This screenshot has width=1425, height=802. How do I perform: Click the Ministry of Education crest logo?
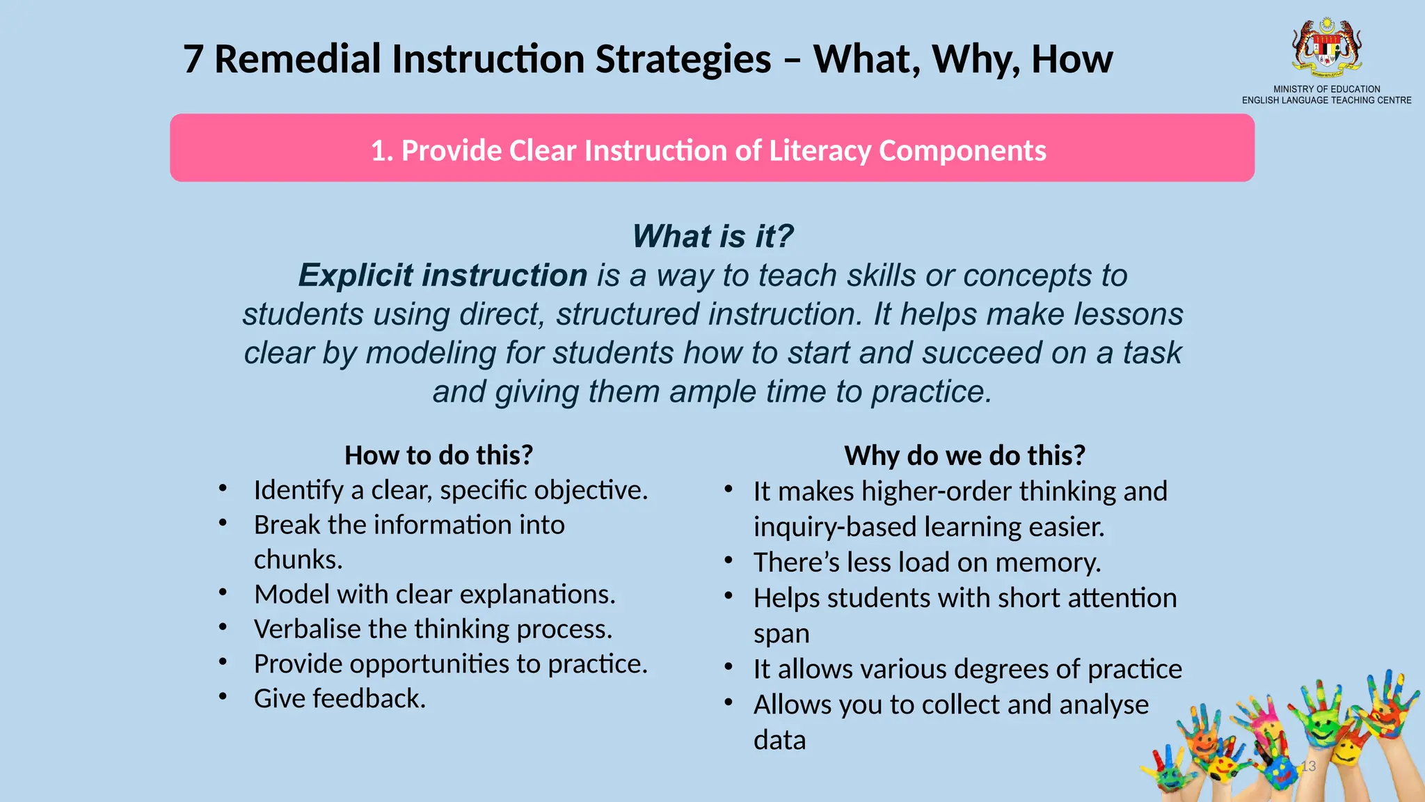[x=1327, y=47]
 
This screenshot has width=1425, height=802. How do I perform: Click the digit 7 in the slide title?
[x=193, y=59]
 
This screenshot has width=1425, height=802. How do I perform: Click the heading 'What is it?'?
[x=712, y=236]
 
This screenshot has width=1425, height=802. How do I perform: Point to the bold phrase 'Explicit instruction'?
[x=443, y=276]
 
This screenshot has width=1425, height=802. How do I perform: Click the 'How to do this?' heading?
[x=438, y=455]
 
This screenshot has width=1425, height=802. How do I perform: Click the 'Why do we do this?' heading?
[x=964, y=455]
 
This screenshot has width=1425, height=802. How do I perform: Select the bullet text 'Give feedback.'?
[x=340, y=698]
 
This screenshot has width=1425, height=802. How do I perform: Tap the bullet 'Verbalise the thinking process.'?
[x=433, y=629]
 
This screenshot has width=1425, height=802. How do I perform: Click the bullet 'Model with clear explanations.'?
[x=435, y=594]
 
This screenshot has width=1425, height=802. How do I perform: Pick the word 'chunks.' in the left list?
[x=298, y=560]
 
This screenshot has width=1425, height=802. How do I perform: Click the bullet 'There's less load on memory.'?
[x=927, y=563]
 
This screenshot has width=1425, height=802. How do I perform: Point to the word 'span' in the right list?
[x=781, y=634]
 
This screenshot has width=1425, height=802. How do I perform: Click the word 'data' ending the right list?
[x=779, y=740]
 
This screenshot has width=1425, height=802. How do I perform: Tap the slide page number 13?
[x=1308, y=766]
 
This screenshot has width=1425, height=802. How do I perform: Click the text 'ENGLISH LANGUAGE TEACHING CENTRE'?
[x=1326, y=100]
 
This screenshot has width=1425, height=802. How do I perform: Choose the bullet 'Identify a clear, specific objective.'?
[x=451, y=490]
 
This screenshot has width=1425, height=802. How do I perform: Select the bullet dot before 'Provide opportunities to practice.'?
[x=223, y=662]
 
